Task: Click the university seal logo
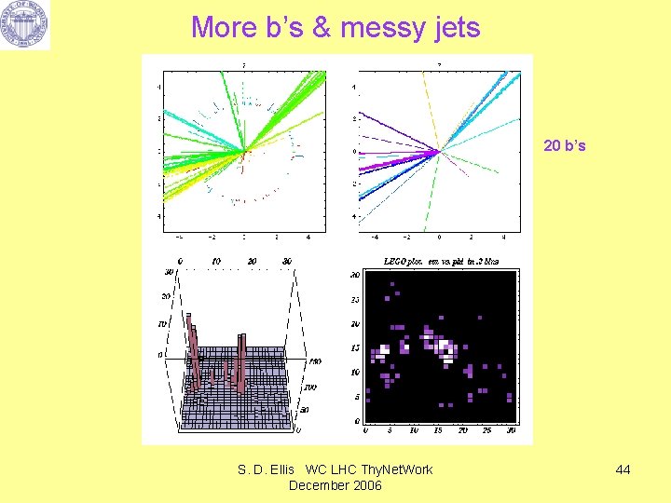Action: click(x=26, y=25)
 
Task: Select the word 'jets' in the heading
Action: click(x=456, y=28)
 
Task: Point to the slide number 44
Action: click(x=623, y=469)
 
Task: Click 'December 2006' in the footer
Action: click(x=336, y=485)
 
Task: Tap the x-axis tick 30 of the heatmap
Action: click(x=511, y=430)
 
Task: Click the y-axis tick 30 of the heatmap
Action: click(x=354, y=276)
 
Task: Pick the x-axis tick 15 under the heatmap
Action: click(x=438, y=430)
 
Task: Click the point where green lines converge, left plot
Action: click(x=244, y=151)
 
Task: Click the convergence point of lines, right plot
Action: click(x=439, y=151)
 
